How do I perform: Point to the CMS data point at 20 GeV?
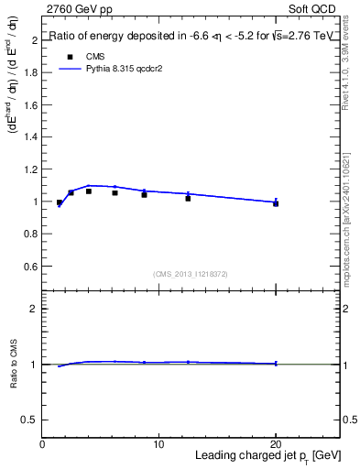pos(276,203)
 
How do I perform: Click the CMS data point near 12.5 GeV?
pos(188,198)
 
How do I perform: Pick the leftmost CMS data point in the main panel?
pos(60,202)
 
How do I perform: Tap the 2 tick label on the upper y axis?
pos(34,41)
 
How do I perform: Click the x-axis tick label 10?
pos(158,443)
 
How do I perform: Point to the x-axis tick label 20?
pos(276,443)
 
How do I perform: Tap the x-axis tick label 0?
pos(43,443)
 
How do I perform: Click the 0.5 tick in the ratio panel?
pos(30,420)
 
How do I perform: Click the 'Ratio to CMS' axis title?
pos(14,364)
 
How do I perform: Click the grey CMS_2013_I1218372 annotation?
pos(191,273)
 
